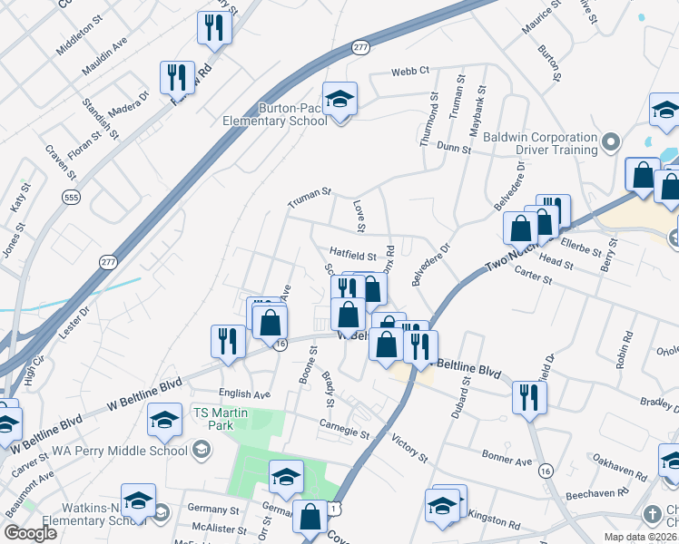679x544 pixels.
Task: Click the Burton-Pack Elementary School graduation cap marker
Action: pyautogui.click(x=339, y=100)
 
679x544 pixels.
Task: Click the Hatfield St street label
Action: pyautogui.click(x=352, y=257)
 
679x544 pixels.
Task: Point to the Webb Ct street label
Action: pyautogui.click(x=409, y=72)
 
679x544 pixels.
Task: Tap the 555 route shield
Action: pyautogui.click(x=69, y=196)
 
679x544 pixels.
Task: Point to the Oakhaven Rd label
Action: pyautogui.click(x=626, y=471)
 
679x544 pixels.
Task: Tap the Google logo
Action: pyautogui.click(x=31, y=533)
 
